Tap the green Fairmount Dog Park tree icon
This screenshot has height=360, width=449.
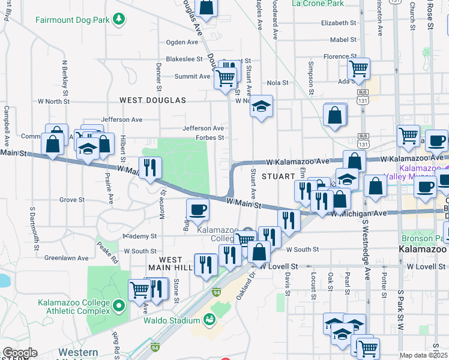(x=120, y=20)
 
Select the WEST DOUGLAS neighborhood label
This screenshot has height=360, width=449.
(x=152, y=100)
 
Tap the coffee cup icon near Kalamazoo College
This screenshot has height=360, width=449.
(x=198, y=210)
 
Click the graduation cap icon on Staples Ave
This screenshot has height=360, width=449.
(x=261, y=106)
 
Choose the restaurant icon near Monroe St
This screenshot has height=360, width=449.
(x=149, y=167)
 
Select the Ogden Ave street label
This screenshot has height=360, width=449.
(x=182, y=43)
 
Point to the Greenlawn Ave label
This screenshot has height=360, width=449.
(x=67, y=258)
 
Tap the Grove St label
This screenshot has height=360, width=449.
(x=71, y=199)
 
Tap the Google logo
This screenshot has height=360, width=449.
(x=20, y=353)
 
